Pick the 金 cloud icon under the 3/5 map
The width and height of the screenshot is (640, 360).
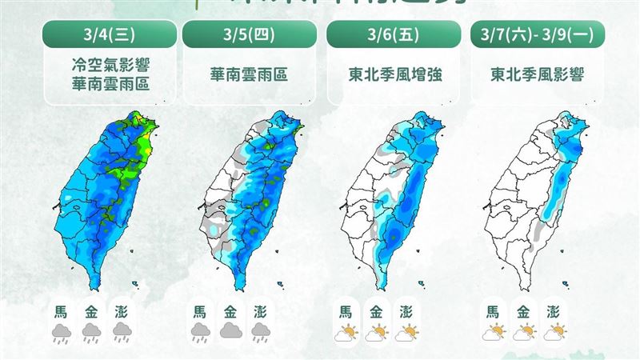[231, 331]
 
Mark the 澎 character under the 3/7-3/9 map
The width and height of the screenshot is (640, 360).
[554, 311]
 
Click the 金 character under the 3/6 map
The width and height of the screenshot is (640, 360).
[378, 311]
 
